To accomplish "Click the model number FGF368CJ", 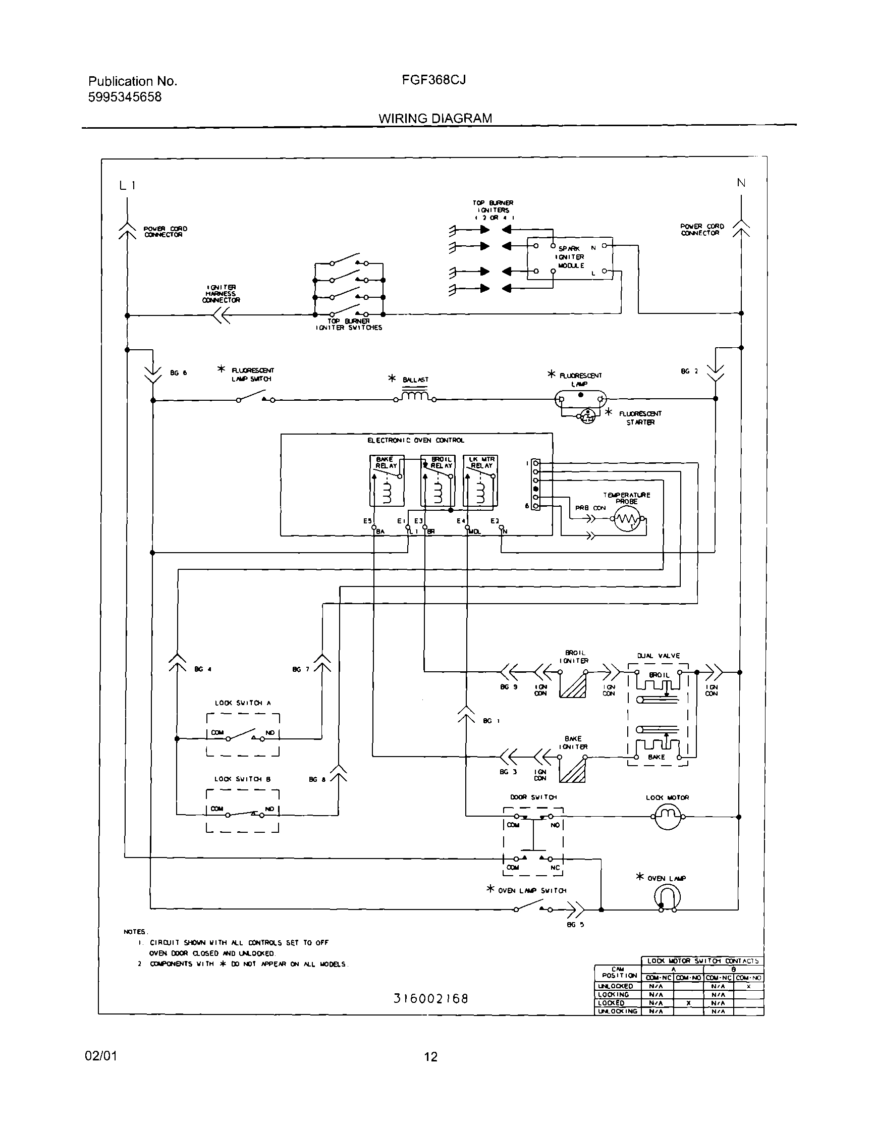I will pos(434,80).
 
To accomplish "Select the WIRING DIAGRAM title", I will pos(435,118).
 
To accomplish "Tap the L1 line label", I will pos(127,186).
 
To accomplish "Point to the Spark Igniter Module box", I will pos(570,258).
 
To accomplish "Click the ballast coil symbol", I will pos(415,396).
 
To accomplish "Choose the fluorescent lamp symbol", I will pos(580,399).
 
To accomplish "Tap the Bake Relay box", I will pos(387,480).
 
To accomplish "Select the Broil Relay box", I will pos(438,480).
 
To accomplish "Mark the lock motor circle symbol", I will pos(667,817).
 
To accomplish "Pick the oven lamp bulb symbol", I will pos(667,897).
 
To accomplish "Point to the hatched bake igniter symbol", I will pos(572,770).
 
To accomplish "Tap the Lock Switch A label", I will pos(243,703).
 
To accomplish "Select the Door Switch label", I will pos(533,797).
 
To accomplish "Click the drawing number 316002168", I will pos(431,998).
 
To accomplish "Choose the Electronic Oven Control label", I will pos(415,440).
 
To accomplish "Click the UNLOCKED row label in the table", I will pos(616,986).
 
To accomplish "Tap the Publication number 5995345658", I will pos(125,97).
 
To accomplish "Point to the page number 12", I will pos(431,1056).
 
